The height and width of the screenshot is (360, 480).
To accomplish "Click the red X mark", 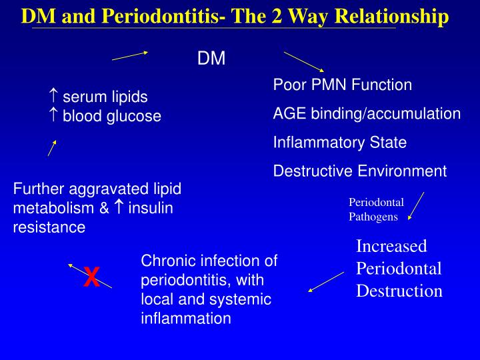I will (x=91, y=277).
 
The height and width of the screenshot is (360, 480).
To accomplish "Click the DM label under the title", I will (x=211, y=59).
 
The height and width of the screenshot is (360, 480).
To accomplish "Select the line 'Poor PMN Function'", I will (x=342, y=85).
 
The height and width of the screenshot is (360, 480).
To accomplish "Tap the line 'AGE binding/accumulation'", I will (x=367, y=113).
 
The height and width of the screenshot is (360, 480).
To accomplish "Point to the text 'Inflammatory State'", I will (x=339, y=142).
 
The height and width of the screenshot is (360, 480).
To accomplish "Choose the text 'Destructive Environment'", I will (x=359, y=171).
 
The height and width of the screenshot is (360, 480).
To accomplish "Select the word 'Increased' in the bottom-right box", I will (x=391, y=246).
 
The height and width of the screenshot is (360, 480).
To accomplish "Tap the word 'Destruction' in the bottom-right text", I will (x=399, y=291).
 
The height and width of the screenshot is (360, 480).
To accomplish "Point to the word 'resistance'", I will (x=49, y=227).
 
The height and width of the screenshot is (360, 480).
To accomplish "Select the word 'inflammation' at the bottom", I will (x=185, y=319).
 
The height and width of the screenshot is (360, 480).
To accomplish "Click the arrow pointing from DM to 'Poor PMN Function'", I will (x=304, y=61).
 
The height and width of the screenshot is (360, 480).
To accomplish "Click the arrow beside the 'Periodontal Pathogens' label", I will (x=416, y=205).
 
